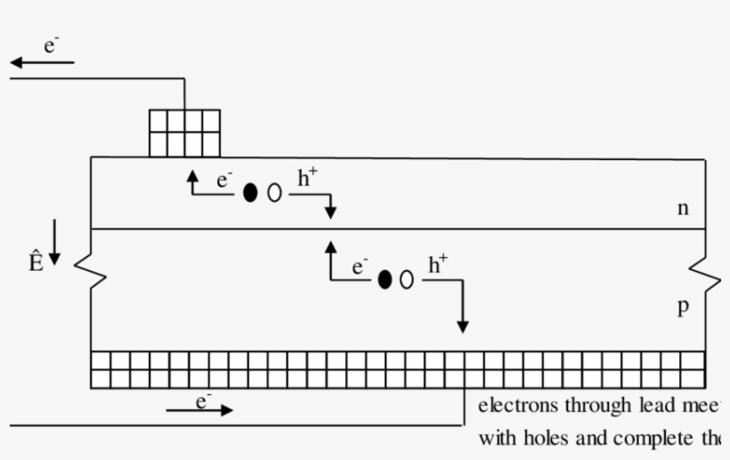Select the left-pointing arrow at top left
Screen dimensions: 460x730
tap(41, 63)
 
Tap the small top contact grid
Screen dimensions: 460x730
tap(183, 133)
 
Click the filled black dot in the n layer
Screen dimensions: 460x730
tap(250, 192)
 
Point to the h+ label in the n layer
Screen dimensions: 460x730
tap(306, 177)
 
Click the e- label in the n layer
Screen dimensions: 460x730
tap(223, 180)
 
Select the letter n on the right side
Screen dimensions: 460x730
tap(683, 208)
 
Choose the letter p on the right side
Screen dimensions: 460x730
tap(683, 306)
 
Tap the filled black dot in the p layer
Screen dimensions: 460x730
tap(385, 279)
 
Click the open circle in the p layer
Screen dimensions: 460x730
tap(407, 279)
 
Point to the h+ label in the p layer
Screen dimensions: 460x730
tap(438, 264)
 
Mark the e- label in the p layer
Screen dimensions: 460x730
tap(359, 266)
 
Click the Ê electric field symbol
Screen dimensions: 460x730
tap(36, 262)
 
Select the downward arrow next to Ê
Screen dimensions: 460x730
tap(54, 241)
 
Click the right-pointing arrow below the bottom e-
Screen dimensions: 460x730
tap(200, 410)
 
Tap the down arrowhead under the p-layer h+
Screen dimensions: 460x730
tap(462, 326)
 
